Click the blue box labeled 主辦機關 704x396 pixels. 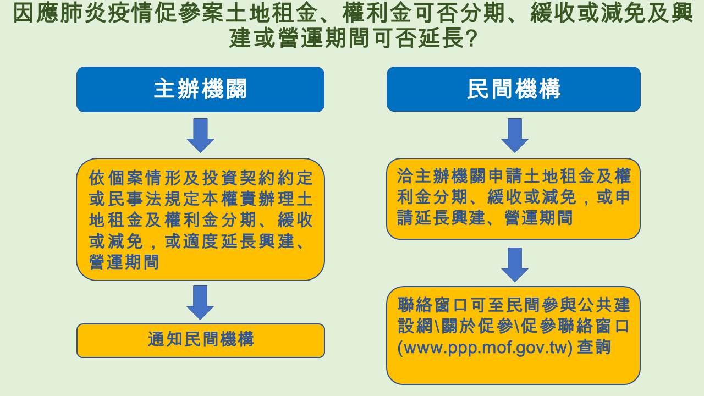pos(201,89)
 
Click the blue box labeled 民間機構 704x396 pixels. pos(514,89)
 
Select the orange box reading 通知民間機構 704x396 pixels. pos(201,340)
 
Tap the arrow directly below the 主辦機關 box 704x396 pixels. pos(201,135)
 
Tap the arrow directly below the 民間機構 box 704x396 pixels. pos(514,135)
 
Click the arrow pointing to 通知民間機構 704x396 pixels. pos(200,302)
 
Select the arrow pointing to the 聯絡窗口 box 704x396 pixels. pos(514,265)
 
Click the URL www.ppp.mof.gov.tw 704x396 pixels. pos(485,348)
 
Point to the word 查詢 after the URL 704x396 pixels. pos(594,347)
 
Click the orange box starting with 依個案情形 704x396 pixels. pos(201,219)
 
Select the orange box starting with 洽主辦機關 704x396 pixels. pos(514,199)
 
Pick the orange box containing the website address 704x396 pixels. pos(514,335)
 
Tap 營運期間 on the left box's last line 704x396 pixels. pos(124,262)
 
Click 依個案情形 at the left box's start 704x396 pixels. pos(135,178)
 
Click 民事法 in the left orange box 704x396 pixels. pos(135,199)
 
